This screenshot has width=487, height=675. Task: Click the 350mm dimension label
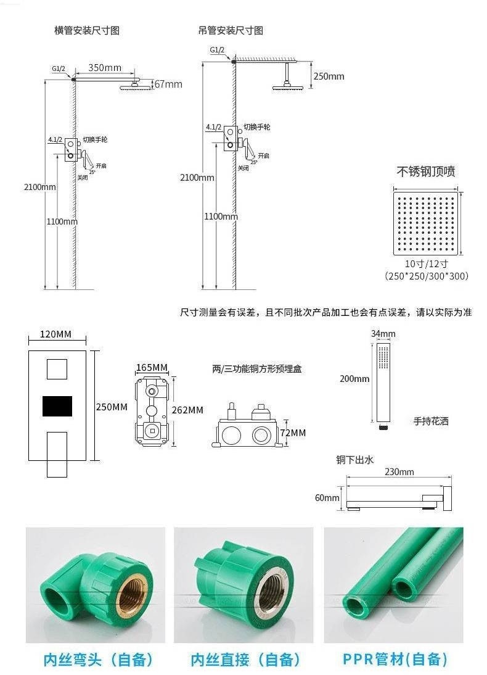click(x=104, y=67)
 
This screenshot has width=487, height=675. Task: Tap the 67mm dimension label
click(x=168, y=84)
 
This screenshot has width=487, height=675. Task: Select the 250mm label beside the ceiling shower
click(x=329, y=77)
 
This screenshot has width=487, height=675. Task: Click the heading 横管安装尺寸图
click(x=87, y=30)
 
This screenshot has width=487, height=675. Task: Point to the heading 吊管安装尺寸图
click(x=231, y=30)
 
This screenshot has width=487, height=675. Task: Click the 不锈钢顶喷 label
click(x=426, y=172)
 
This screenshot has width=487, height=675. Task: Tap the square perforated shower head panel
click(x=425, y=223)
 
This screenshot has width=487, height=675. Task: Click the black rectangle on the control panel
click(x=57, y=405)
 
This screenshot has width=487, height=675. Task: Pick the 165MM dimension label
click(x=152, y=368)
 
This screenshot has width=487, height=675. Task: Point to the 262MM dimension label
click(x=187, y=410)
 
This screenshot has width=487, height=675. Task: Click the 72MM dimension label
click(x=293, y=433)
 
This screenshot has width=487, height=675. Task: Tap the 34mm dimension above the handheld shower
click(x=383, y=334)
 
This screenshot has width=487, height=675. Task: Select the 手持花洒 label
click(x=431, y=421)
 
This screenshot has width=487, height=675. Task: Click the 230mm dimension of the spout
click(x=399, y=472)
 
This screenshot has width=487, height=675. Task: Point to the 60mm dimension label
click(x=327, y=497)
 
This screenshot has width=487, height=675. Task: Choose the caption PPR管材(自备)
click(x=395, y=660)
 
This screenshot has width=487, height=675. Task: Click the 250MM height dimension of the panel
click(x=112, y=407)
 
